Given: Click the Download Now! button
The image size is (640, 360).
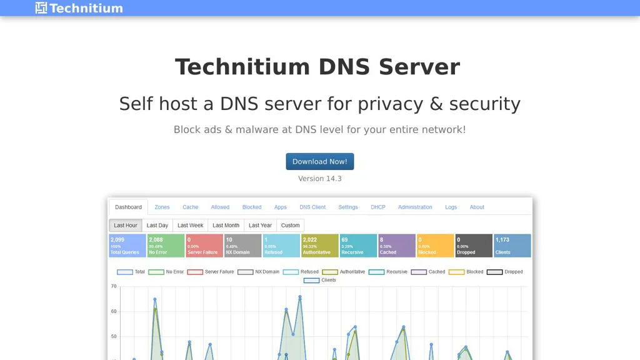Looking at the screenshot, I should click(x=320, y=161).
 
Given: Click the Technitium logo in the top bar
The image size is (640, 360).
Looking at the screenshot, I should click(x=79, y=8).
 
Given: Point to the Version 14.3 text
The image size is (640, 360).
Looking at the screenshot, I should click(x=320, y=179).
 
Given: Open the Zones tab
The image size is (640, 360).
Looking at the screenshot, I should click(x=162, y=207).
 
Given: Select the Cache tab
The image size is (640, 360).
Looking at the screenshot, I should click(x=191, y=207).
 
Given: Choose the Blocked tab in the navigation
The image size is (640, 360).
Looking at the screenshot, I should click(x=252, y=207).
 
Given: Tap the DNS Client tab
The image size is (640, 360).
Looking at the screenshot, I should click(x=312, y=207).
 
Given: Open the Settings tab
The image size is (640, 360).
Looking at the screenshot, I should click(x=348, y=207).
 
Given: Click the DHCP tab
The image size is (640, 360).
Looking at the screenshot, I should click(x=378, y=207).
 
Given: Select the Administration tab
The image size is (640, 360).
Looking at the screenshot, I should click(x=415, y=207).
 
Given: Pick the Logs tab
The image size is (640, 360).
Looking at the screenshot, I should click(x=451, y=207).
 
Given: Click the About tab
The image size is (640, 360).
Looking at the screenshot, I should click(x=477, y=207).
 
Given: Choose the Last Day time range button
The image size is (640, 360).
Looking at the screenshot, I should click(x=157, y=225).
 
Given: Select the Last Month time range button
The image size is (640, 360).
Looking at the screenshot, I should click(x=226, y=225).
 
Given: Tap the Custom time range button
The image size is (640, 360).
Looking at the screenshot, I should click(x=291, y=225).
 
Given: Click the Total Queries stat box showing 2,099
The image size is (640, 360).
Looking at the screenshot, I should click(x=127, y=246).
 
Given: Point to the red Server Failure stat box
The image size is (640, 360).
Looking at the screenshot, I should click(x=204, y=246).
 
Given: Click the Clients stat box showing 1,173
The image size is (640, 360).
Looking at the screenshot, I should click(x=512, y=246).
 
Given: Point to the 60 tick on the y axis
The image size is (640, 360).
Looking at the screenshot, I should click(x=114, y=311).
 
